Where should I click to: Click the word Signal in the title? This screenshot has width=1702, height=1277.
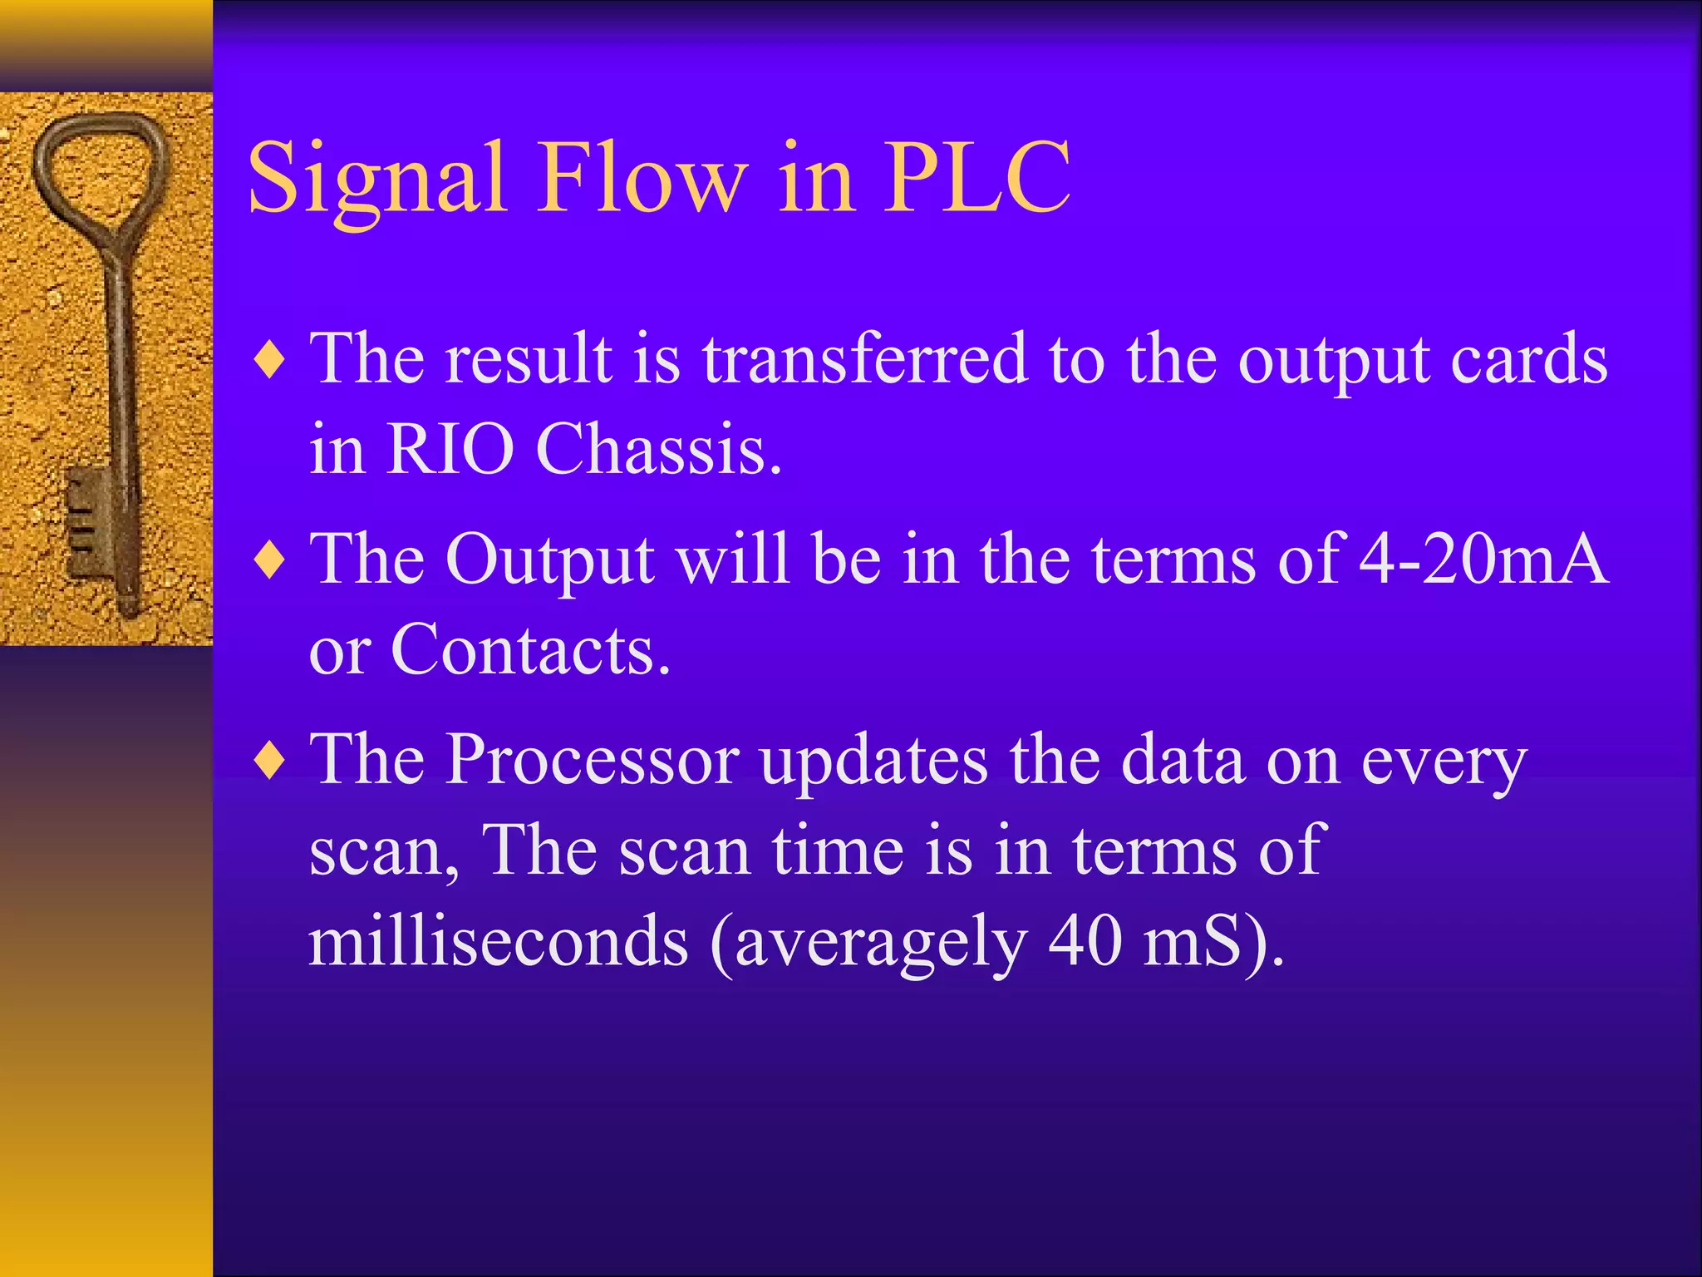(377, 179)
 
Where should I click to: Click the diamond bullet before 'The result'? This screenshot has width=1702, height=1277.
(271, 361)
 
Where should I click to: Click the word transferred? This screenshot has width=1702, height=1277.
(864, 359)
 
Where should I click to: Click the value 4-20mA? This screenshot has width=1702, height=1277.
(1483, 559)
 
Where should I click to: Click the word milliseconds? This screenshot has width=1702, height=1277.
(499, 941)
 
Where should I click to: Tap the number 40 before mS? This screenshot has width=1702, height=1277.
(1085, 941)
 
